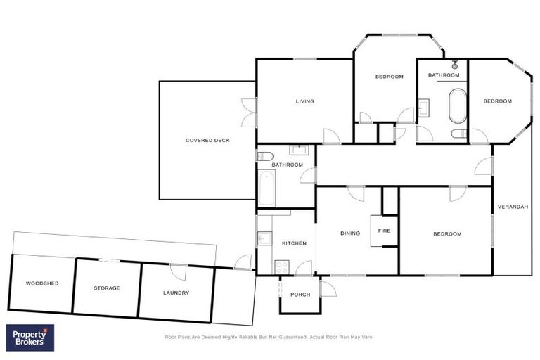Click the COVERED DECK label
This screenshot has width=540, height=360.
point(207,141)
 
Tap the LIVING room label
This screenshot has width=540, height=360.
point(304,101)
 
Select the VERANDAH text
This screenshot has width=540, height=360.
point(512,207)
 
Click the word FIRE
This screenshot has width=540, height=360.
point(384,231)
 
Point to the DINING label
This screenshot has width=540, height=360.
point(350,233)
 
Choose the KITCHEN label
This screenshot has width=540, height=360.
point(294,243)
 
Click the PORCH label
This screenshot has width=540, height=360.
point(300,295)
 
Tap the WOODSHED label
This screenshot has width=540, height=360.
point(42,283)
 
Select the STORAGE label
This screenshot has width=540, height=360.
point(107,288)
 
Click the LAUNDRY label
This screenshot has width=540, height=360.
point(176,292)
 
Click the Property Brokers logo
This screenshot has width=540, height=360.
point(30,337)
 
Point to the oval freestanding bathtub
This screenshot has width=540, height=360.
point(458,105)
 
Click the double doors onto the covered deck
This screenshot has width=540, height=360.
point(248,112)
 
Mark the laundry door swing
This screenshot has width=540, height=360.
point(179,272)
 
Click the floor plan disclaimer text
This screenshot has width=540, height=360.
point(269,337)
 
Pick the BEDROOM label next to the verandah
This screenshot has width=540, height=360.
point(447,233)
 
